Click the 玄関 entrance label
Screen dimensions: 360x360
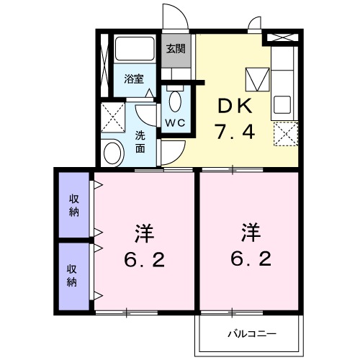tap(176, 49)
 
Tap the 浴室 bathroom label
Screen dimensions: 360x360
tap(134, 79)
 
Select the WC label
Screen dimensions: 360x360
tap(176, 123)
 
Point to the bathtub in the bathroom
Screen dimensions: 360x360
tap(135, 48)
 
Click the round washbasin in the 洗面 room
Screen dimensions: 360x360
tap(112, 153)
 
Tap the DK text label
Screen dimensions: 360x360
tap(235, 106)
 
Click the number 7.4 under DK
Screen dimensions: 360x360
tap(235, 131)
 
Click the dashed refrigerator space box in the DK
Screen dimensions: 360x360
tap(286, 134)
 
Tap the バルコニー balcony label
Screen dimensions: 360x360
tap(252, 334)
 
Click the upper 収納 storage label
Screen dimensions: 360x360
tap(74, 205)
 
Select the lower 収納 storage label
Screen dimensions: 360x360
tap(71, 275)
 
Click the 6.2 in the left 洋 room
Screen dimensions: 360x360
tap(145, 260)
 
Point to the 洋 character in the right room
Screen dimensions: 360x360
tap(251, 233)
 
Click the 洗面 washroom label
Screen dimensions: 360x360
tap(140, 142)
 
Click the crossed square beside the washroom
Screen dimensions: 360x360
tap(113, 117)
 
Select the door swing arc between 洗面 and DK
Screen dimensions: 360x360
tap(176, 156)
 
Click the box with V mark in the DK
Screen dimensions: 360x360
tap(257, 79)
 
